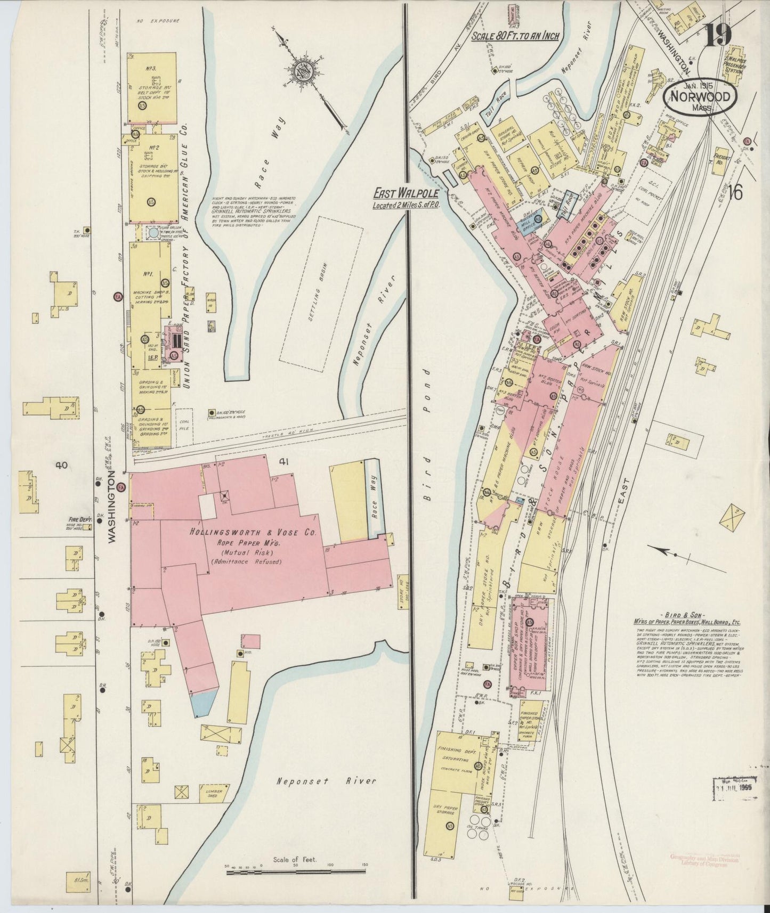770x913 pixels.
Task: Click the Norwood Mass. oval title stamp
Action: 701,99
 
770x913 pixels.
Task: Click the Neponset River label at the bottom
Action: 326,781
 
